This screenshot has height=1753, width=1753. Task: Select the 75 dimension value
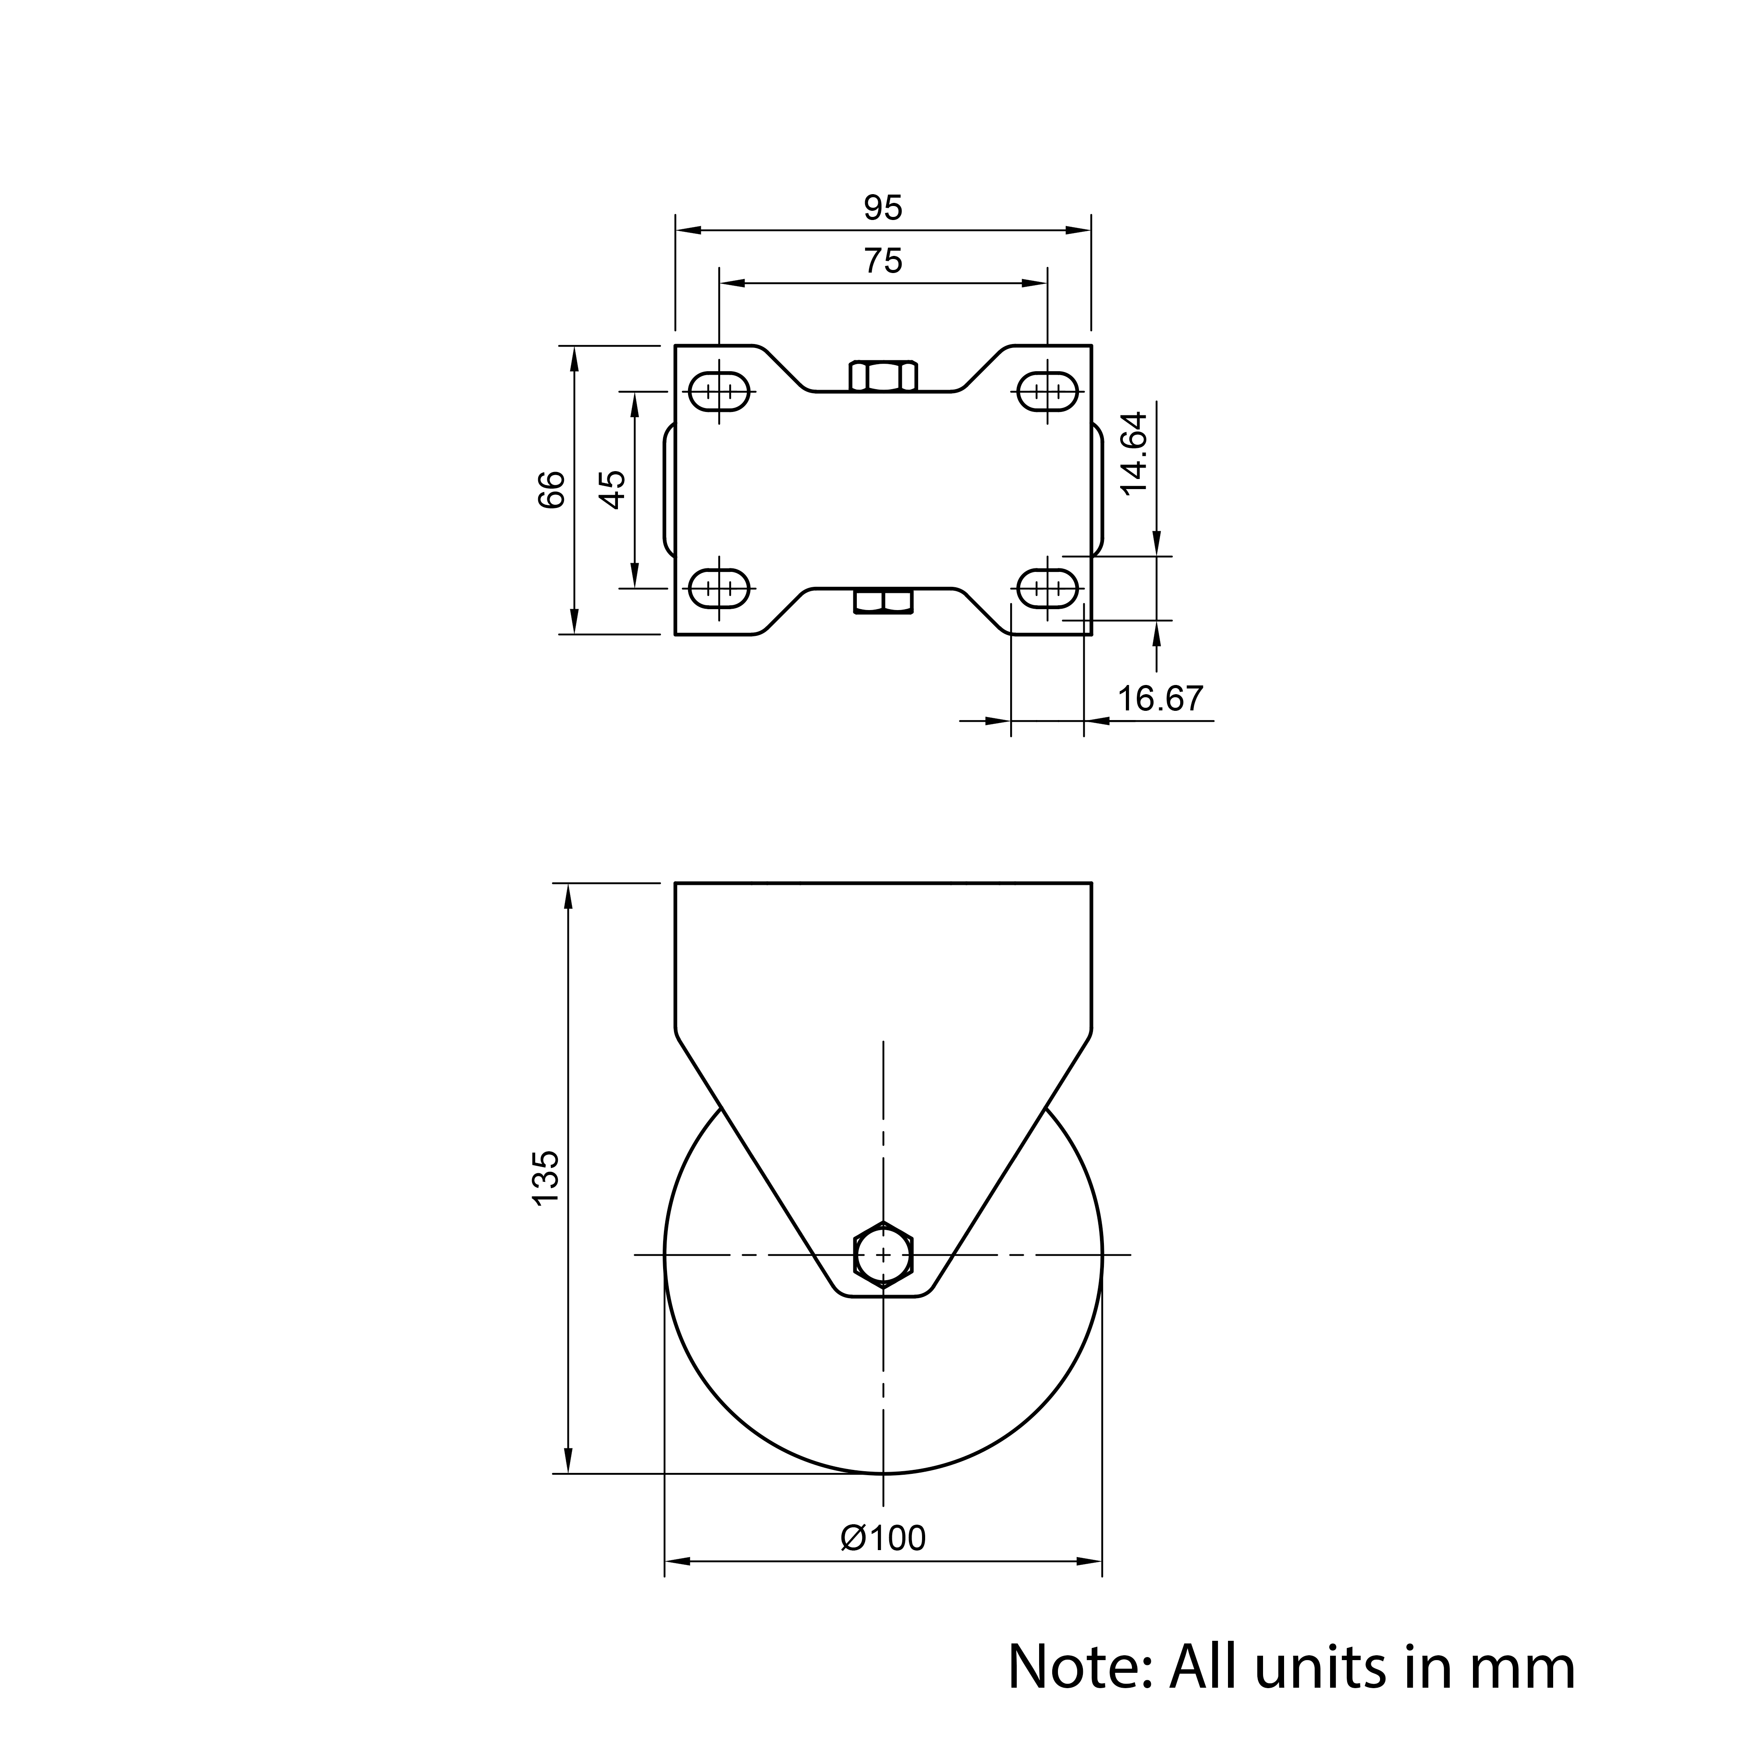coord(883,261)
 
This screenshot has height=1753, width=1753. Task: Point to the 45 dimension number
coord(614,490)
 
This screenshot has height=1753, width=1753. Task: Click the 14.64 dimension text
coord(1134,453)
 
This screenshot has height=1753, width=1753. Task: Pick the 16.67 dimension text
coord(1160,699)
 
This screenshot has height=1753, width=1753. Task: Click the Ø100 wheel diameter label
coord(883,1538)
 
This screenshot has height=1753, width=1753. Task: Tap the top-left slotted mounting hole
coord(720,392)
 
